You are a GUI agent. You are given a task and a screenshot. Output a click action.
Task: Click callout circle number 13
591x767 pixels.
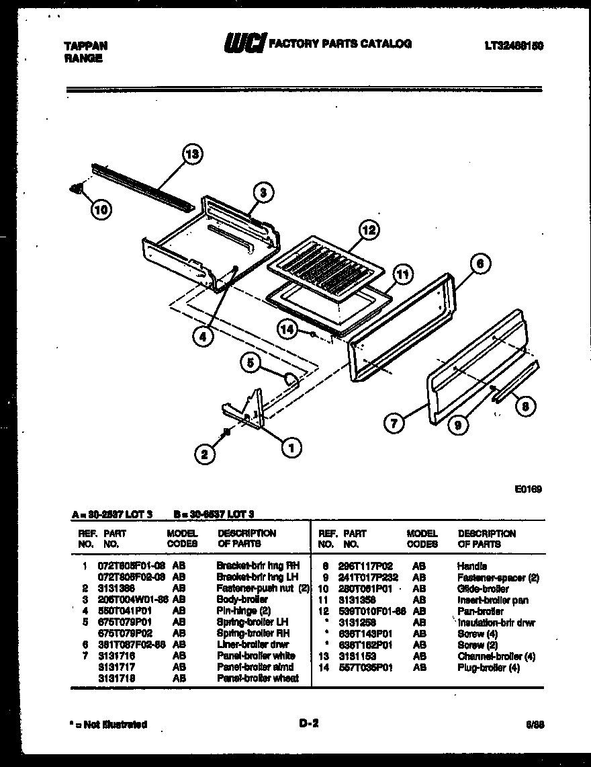point(191,155)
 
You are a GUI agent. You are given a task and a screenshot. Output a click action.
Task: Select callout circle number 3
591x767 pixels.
point(264,192)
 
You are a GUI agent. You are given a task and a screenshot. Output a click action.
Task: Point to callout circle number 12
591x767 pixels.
point(368,230)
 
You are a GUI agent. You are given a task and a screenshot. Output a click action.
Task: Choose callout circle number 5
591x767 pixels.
point(251,363)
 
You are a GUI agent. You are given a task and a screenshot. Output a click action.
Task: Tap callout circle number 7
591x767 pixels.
point(394,423)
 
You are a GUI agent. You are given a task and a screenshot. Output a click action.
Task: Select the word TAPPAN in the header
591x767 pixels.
point(85,46)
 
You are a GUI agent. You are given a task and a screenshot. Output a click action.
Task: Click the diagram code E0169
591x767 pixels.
point(529,489)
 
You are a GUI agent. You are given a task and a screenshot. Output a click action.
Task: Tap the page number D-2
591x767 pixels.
point(308,724)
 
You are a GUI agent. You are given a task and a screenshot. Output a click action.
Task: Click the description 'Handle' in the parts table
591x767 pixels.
point(471,565)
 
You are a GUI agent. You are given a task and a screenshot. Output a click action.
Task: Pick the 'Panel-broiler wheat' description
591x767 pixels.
point(258,678)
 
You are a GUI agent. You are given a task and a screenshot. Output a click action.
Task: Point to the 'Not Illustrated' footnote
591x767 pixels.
point(108,725)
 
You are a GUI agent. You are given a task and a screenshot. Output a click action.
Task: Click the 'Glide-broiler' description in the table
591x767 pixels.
point(483,588)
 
